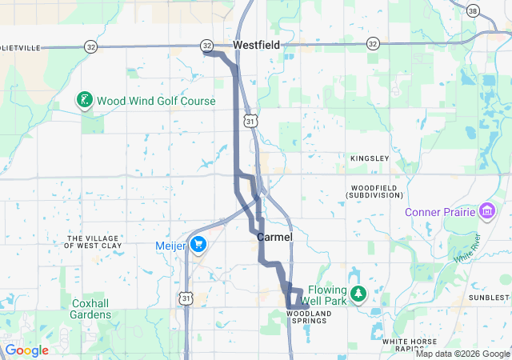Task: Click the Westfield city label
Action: coord(256,46)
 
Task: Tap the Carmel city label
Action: coord(274,238)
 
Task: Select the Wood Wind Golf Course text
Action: coord(156,102)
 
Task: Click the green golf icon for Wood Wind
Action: coord(82,100)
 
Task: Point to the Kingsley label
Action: coord(370,158)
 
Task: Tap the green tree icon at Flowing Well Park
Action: coord(359,294)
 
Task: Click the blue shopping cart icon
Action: coord(198,246)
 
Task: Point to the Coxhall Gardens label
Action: coord(91,309)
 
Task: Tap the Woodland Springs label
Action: coord(306,316)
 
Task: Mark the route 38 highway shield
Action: coord(474,10)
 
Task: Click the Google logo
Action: coord(27,350)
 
